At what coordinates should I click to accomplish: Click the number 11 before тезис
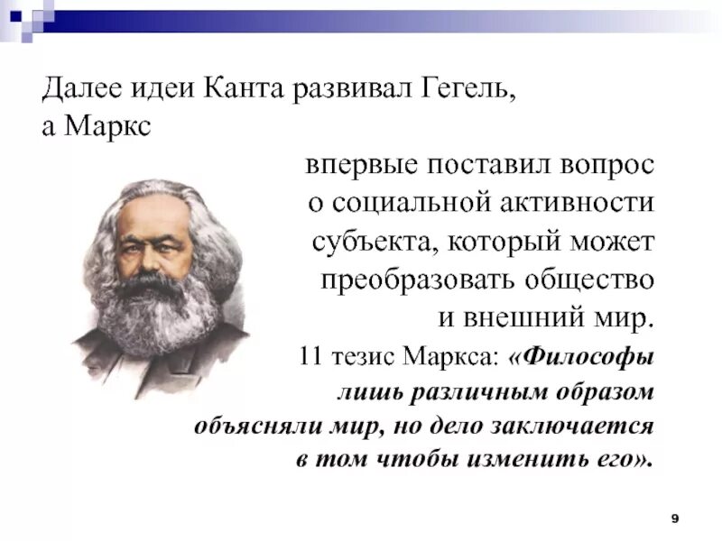pyautogui.click(x=311, y=357)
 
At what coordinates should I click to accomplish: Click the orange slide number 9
pyautogui.click(x=675, y=517)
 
